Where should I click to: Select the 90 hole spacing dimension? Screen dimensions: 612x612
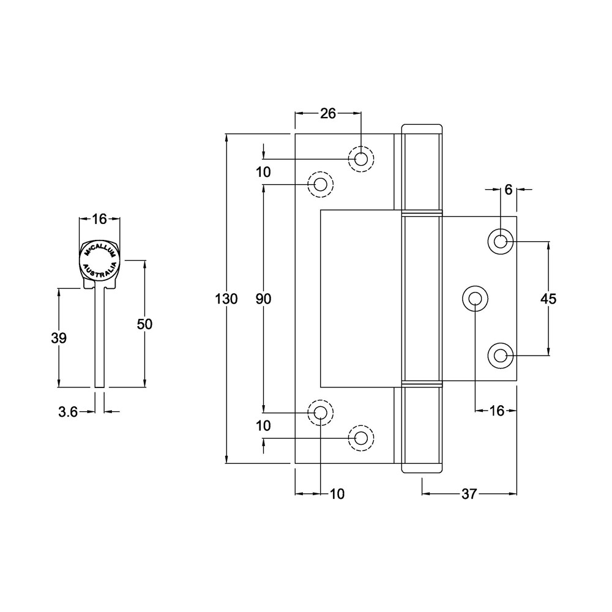click(263, 299)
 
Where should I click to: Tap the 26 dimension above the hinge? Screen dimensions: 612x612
click(329, 113)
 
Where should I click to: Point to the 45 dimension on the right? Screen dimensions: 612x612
click(548, 299)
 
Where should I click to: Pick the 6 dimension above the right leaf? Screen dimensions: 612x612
click(508, 190)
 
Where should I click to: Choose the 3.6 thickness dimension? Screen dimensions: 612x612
click(67, 412)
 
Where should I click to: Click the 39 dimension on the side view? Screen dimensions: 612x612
click(59, 338)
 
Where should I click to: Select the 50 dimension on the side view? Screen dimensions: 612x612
click(144, 324)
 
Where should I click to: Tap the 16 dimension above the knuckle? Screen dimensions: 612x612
click(99, 218)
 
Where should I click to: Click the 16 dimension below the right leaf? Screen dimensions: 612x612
click(497, 411)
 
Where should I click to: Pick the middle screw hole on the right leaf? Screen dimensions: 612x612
click(476, 298)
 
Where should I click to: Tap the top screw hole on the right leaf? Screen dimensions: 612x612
click(501, 241)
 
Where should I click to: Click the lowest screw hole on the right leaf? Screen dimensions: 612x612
click(501, 355)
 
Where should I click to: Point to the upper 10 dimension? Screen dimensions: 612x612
click(263, 172)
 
